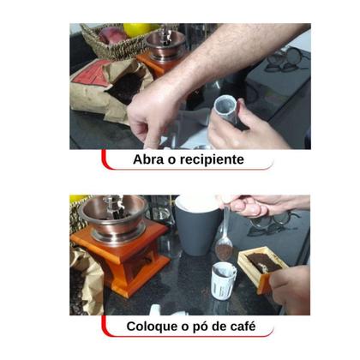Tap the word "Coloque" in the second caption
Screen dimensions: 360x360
tap(154, 327)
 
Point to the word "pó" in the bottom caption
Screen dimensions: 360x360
tap(195, 327)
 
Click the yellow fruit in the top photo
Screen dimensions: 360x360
tap(137, 29)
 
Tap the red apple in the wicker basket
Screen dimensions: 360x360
tap(112, 36)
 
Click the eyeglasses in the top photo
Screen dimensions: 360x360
tap(283, 60)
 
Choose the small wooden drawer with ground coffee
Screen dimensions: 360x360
tap(263, 267)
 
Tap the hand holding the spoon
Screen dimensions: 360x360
tap(257, 206)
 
